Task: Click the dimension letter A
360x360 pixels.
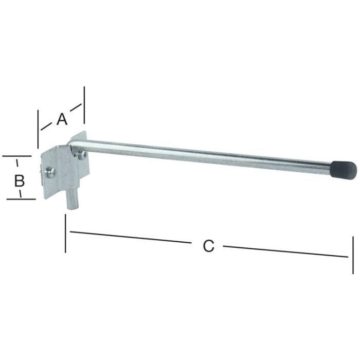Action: tap(62, 119)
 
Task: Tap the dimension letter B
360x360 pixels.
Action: tap(19, 181)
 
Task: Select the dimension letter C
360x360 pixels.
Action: tap(208, 246)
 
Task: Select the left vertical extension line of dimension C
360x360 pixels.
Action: tap(66, 234)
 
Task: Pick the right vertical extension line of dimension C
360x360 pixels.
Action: tap(353, 255)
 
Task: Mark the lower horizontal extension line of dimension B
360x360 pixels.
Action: tap(21, 199)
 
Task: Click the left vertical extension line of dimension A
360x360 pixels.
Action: tap(38, 129)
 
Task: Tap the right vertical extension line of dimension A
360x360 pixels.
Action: tap(84, 105)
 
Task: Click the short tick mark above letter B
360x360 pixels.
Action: tap(18, 164)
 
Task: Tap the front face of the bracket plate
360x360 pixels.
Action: tap(58, 175)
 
